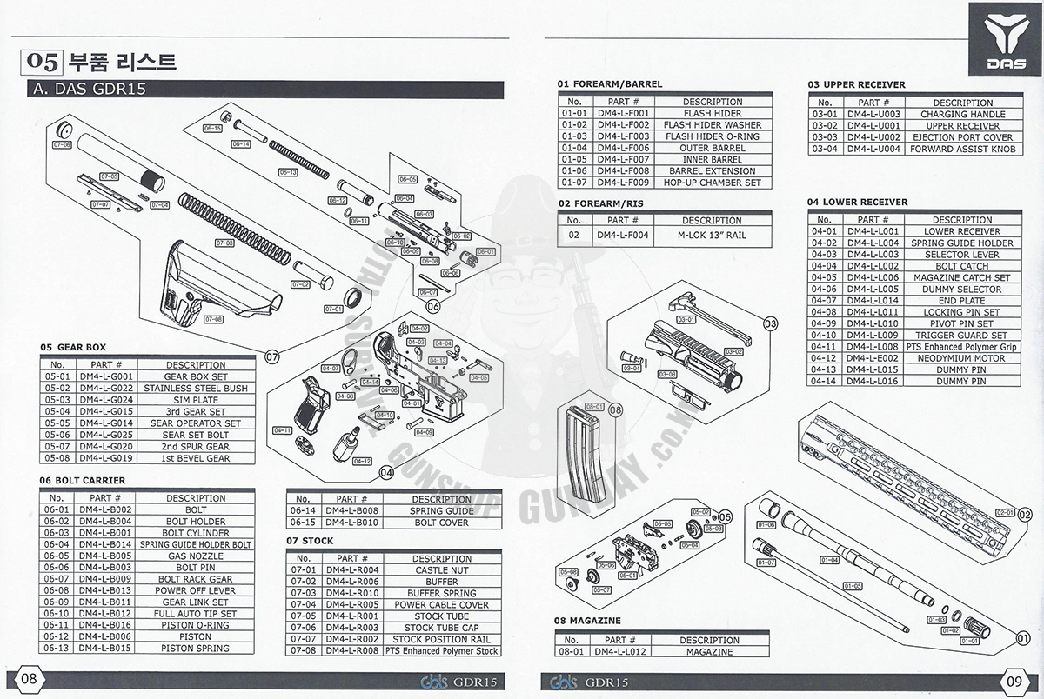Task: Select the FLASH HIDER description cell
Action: (712, 114)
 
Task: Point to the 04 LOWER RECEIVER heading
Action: (857, 202)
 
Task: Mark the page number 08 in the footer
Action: (29, 679)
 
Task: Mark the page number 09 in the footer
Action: (1014, 681)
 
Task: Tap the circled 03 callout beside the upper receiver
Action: (769, 323)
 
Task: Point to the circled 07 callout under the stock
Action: (271, 356)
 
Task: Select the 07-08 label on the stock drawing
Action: (213, 319)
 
